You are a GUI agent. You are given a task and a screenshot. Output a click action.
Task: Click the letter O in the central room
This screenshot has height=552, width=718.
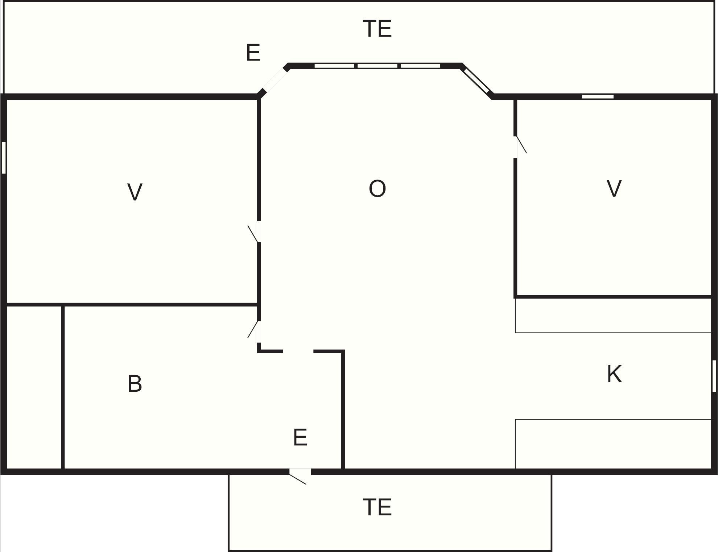pyautogui.click(x=377, y=189)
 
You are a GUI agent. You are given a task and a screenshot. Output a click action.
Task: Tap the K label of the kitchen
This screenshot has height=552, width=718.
pyautogui.click(x=614, y=374)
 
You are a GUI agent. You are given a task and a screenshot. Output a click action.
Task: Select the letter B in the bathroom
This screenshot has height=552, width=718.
pyautogui.click(x=135, y=384)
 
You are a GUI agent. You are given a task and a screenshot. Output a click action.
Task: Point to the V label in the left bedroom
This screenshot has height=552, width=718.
pyautogui.click(x=135, y=192)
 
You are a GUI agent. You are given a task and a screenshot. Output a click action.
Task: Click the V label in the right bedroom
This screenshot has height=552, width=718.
pyautogui.click(x=614, y=189)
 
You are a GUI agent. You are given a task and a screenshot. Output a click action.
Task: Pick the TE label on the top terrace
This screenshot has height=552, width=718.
pyautogui.click(x=377, y=29)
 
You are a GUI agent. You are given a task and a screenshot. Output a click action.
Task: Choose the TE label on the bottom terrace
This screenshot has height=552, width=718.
pyautogui.click(x=377, y=507)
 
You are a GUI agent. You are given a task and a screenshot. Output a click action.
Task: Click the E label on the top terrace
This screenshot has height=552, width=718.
pyautogui.click(x=253, y=53)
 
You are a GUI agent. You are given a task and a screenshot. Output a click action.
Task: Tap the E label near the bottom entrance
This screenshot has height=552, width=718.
pyautogui.click(x=300, y=437)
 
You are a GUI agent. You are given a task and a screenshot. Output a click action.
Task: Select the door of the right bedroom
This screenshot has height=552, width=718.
pyautogui.click(x=516, y=147)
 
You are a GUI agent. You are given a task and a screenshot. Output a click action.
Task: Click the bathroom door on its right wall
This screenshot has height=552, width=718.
pyautogui.click(x=259, y=331)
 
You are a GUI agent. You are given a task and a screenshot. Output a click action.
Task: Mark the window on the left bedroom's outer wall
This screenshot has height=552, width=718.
pyautogui.click(x=4, y=157)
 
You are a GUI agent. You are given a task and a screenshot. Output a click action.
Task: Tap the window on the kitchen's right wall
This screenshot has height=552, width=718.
pyautogui.click(x=714, y=376)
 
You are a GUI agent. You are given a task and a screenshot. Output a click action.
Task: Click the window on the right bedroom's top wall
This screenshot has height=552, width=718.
pyautogui.click(x=598, y=96)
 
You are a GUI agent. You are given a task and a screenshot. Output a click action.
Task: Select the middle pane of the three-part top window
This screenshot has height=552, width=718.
pyautogui.click(x=377, y=66)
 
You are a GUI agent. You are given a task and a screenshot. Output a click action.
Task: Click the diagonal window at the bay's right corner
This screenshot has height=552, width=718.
pyautogui.click(x=476, y=81)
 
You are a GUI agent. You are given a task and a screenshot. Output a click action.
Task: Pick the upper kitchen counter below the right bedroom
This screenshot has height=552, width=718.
pyautogui.click(x=613, y=315)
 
